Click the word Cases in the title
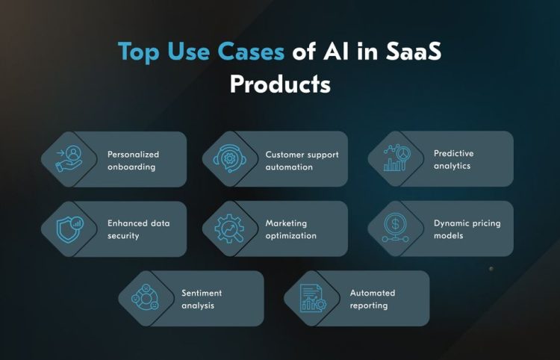(251, 52)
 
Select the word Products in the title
(280, 84)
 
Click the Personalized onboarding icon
(69, 158)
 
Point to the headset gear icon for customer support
(230, 158)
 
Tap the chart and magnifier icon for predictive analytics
(396, 158)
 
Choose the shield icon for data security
(70, 229)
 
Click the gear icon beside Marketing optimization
(230, 229)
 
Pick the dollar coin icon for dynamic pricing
(395, 228)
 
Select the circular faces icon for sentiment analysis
(145, 297)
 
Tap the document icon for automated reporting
(313, 298)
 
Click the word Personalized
(133, 155)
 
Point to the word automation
(289, 167)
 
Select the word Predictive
(453, 153)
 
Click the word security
(123, 236)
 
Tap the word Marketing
(286, 223)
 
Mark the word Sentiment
(202, 293)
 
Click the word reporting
(369, 305)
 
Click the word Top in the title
(139, 52)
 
